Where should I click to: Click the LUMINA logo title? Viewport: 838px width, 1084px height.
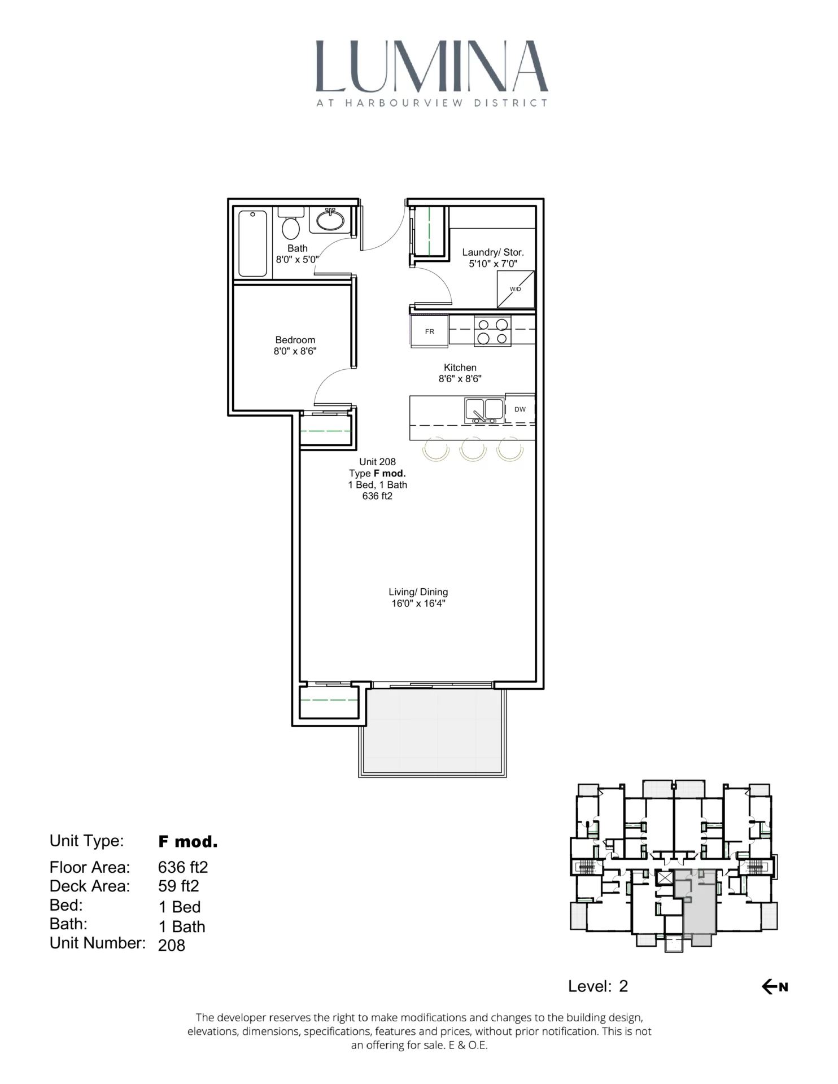click(431, 67)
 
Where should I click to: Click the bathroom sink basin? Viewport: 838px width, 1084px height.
click(330, 220)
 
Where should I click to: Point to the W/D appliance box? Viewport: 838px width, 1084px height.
click(515, 289)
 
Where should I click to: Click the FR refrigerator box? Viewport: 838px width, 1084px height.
click(429, 331)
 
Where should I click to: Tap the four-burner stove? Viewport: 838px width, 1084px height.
click(492, 331)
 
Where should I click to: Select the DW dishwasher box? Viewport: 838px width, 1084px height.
click(520, 409)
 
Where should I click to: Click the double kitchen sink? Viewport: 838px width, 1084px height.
click(484, 410)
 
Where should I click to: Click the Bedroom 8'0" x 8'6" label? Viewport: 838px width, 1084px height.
click(295, 346)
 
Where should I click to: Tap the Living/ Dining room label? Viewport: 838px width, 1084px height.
click(418, 597)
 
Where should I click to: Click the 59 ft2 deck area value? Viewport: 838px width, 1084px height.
click(178, 886)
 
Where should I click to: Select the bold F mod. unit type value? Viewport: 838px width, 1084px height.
click(187, 842)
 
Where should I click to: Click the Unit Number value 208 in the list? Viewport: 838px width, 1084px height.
click(172, 945)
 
